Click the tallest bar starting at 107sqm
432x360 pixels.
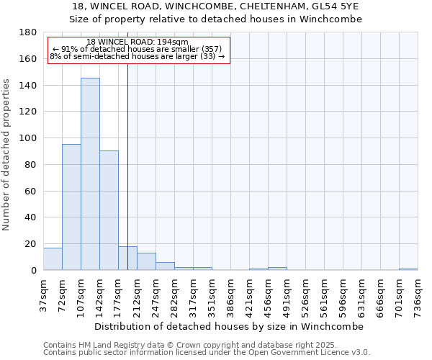(x=90, y=174)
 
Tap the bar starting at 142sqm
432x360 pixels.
(x=109, y=210)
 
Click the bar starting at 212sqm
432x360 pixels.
(x=146, y=261)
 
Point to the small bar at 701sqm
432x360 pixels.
(x=408, y=269)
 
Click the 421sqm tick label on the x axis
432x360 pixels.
(x=249, y=294)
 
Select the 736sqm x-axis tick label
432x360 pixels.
(x=418, y=294)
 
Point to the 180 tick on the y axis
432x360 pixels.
(x=29, y=32)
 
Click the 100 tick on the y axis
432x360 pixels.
(x=29, y=138)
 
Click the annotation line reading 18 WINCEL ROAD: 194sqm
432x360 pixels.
(x=137, y=42)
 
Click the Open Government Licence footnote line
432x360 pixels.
(x=207, y=352)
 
